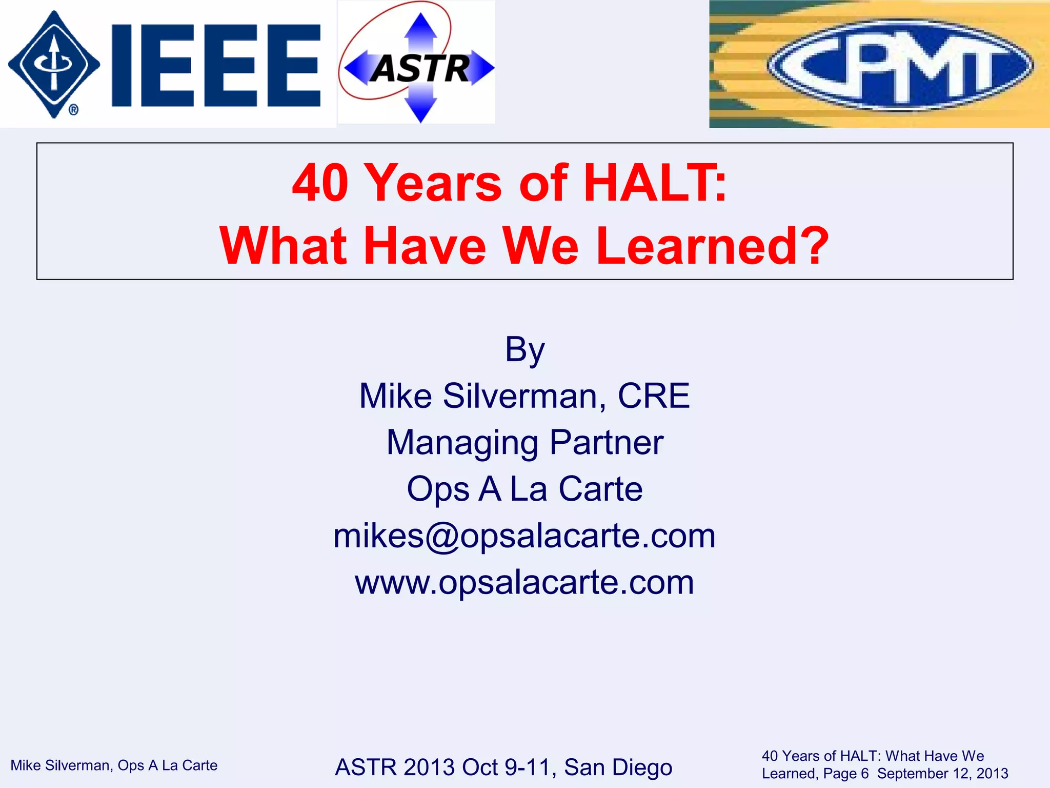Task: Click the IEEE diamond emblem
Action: pos(54,64)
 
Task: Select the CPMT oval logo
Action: pos(900,65)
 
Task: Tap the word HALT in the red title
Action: pos(655,183)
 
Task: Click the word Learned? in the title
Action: pos(713,246)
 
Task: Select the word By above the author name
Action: pos(524,350)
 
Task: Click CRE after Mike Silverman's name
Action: pos(654,396)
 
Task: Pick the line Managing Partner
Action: pos(524,443)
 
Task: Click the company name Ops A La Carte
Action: pos(524,489)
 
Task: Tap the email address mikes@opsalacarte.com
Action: pos(524,536)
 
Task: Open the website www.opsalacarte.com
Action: pos(524,583)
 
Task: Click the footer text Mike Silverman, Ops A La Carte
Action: pos(114,765)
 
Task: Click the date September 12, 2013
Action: pos(942,774)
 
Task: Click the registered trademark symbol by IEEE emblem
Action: pos(73,110)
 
